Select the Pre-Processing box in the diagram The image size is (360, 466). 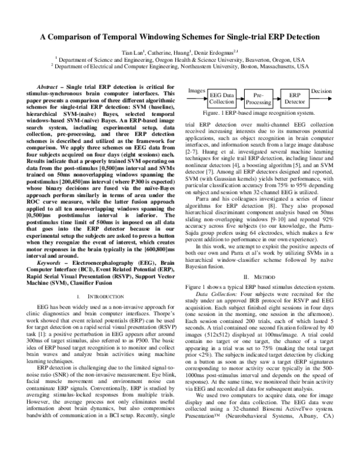click(x=259, y=98)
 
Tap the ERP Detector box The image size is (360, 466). click(x=295, y=98)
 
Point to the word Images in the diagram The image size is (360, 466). click(x=197, y=91)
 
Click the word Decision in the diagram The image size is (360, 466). click(x=322, y=91)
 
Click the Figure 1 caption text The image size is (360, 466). click(x=258, y=112)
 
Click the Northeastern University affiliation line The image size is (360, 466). click(x=180, y=67)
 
